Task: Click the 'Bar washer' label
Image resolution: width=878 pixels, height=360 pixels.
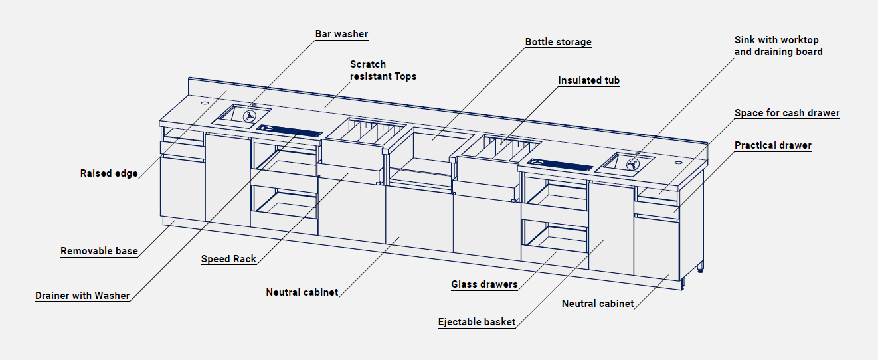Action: [x=341, y=34]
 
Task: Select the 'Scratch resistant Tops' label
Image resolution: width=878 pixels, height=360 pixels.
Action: [x=383, y=70]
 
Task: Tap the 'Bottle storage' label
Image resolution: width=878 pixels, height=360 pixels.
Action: [x=558, y=42]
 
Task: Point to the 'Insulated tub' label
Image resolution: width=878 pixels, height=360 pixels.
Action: [x=588, y=80]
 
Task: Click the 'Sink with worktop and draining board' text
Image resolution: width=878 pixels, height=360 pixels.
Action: [x=778, y=46]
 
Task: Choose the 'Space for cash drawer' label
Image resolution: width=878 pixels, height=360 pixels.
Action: [x=787, y=113]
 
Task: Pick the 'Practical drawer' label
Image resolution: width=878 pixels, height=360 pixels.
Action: [x=772, y=145]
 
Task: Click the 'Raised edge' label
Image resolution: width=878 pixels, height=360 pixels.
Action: [x=109, y=173]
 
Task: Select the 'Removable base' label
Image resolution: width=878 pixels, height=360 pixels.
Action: [x=99, y=251]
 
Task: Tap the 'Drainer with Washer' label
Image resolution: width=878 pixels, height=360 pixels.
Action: [x=82, y=296]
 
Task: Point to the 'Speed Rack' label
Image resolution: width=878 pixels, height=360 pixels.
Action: [x=228, y=259]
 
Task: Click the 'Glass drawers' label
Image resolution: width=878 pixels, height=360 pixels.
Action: [x=484, y=284]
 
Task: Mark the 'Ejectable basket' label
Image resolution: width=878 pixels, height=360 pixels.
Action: [x=476, y=322]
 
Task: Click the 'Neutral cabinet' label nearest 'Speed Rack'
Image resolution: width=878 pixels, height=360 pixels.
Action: [x=302, y=292]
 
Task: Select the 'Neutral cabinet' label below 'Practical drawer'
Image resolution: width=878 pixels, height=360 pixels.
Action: [x=598, y=304]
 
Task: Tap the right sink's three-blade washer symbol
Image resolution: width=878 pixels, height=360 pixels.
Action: [x=632, y=163]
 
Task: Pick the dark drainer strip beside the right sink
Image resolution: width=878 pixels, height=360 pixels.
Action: [x=559, y=163]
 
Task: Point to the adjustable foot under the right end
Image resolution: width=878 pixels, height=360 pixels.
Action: [x=701, y=269]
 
